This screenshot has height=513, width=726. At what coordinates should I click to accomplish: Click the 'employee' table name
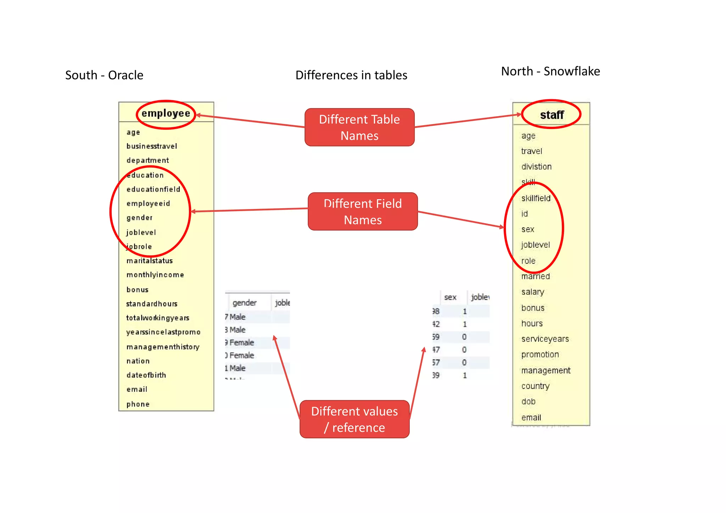(166, 113)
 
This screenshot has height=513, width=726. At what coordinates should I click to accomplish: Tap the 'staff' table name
(552, 115)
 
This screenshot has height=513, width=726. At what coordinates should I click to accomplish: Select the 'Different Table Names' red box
(359, 127)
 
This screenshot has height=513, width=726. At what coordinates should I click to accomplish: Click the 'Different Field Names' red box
(363, 212)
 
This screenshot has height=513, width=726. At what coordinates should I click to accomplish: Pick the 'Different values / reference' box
(354, 419)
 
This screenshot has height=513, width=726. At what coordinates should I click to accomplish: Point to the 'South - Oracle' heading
(104, 75)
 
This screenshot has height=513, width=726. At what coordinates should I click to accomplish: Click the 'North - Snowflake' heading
(550, 71)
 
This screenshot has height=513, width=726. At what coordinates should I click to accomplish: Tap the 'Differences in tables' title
(351, 75)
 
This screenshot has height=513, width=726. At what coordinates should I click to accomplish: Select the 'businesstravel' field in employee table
(152, 146)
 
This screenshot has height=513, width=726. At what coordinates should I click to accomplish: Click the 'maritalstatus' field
(150, 261)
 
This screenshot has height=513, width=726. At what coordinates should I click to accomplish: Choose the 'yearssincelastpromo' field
(163, 332)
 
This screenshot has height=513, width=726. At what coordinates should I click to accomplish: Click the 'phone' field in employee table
(138, 404)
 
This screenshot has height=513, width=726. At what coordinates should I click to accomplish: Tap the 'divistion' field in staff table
(536, 167)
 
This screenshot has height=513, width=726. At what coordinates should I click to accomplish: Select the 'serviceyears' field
(545, 339)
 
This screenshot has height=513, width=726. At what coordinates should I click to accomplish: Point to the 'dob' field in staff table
(528, 402)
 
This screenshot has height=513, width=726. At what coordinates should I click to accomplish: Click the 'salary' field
(532, 292)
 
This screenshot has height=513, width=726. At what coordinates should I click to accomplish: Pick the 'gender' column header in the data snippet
(244, 303)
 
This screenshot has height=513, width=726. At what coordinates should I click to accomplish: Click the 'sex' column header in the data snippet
(450, 297)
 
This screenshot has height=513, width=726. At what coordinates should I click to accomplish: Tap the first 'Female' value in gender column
(241, 343)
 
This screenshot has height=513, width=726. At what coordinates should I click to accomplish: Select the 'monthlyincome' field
(155, 275)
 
